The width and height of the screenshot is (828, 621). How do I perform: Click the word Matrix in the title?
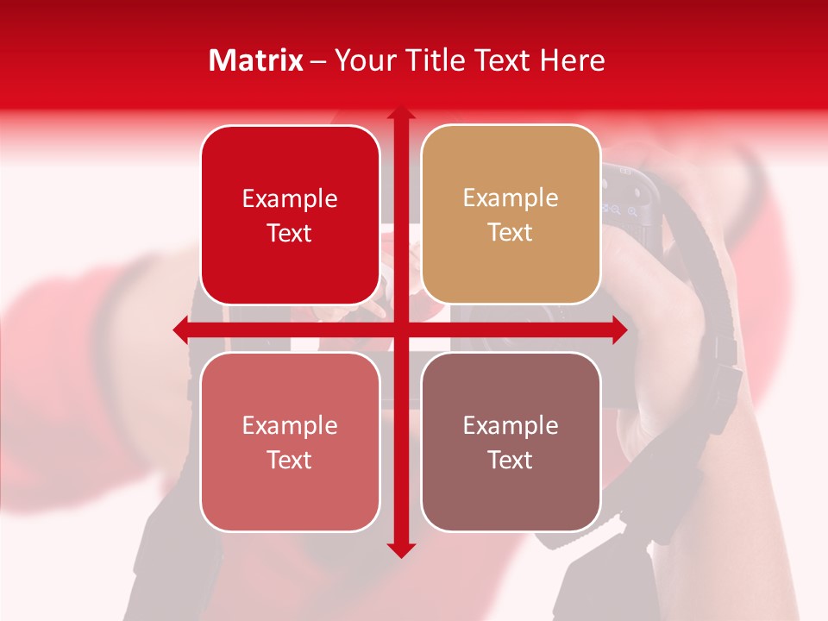click(x=256, y=60)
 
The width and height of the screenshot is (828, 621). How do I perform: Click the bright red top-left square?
click(x=290, y=215)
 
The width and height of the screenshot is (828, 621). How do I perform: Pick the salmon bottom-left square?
click(x=290, y=442)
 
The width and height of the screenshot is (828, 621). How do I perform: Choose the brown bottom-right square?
click(x=511, y=442)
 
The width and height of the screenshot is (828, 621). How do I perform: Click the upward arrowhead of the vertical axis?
click(x=400, y=114)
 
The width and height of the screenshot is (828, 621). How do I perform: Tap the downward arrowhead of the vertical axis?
click(x=400, y=549)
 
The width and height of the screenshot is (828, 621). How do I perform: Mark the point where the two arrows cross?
click(x=400, y=329)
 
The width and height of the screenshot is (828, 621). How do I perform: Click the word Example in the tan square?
click(x=511, y=198)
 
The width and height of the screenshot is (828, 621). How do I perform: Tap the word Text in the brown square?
click(x=511, y=460)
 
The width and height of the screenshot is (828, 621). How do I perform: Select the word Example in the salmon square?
click(x=290, y=425)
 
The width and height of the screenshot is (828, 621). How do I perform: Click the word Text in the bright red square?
click(x=290, y=233)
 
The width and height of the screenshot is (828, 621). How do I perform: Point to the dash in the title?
click(x=318, y=61)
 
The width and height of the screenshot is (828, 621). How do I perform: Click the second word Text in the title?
click(x=500, y=60)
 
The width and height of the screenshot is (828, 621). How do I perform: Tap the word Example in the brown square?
click(x=511, y=425)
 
